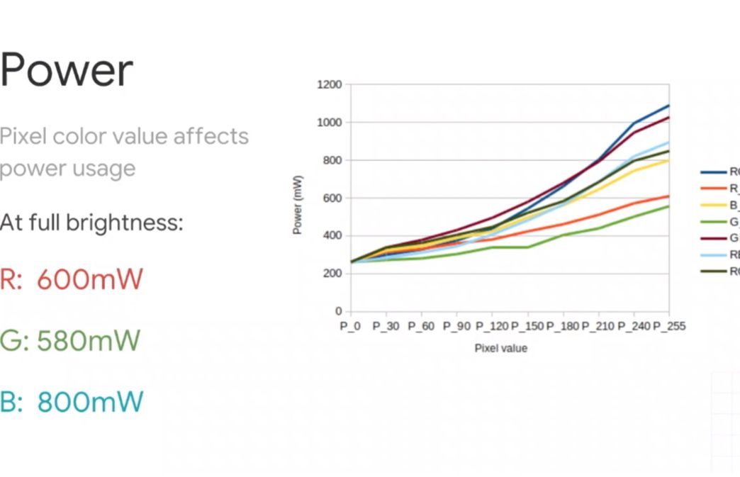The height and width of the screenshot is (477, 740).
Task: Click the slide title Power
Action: [x=67, y=70]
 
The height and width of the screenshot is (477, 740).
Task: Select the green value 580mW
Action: [x=89, y=341]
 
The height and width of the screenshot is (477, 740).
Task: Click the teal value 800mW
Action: [x=90, y=402]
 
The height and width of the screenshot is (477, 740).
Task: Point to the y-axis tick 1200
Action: [x=330, y=85]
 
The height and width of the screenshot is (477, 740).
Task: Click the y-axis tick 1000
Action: [x=330, y=123]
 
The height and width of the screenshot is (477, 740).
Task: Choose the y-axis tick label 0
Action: [x=339, y=311]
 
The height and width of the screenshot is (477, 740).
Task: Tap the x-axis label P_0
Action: [x=351, y=326]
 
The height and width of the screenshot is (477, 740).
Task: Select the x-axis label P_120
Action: [x=492, y=326]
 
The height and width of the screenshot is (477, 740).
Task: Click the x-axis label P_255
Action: [x=669, y=326]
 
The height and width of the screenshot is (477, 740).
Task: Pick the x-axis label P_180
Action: [x=563, y=326]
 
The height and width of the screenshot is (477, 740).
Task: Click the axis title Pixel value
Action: [x=501, y=348]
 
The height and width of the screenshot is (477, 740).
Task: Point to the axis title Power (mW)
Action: [x=298, y=205]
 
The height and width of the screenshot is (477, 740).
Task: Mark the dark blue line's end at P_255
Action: [x=669, y=106]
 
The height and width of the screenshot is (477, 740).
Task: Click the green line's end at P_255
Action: [x=669, y=206]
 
